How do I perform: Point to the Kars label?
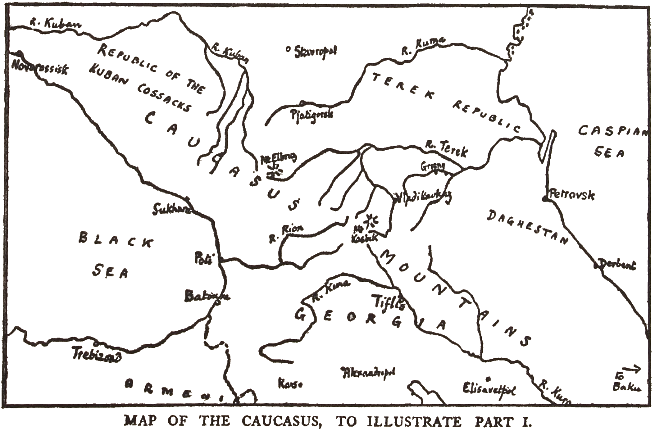click(x=290, y=384)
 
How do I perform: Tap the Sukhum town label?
click(x=171, y=210)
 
